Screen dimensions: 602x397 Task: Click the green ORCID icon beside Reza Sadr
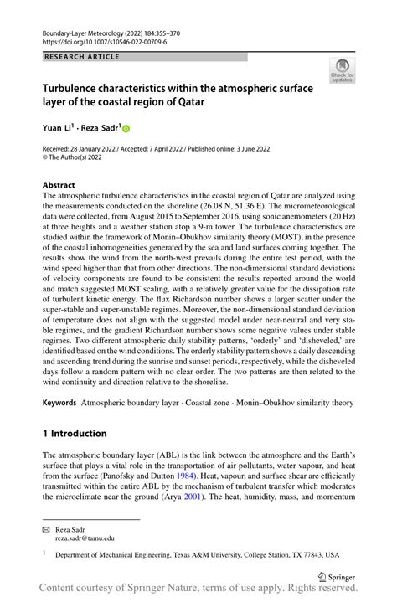(x=126, y=128)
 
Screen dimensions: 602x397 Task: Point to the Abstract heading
(x=59, y=185)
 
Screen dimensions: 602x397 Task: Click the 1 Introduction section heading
(x=75, y=433)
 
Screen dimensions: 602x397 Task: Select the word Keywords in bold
(x=61, y=402)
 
